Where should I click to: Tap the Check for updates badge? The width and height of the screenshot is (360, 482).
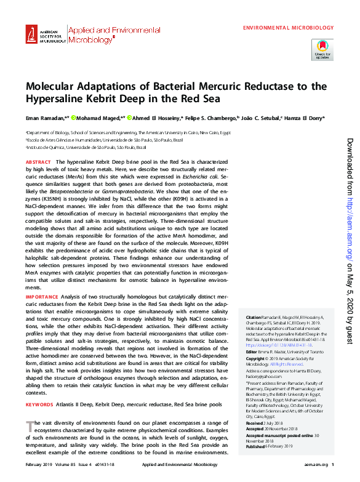(x=322, y=49)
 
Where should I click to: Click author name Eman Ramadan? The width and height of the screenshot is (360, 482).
(x=43, y=118)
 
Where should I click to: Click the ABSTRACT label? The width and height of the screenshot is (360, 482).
(x=38, y=162)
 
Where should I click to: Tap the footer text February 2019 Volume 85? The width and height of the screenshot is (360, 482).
(x=52, y=465)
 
